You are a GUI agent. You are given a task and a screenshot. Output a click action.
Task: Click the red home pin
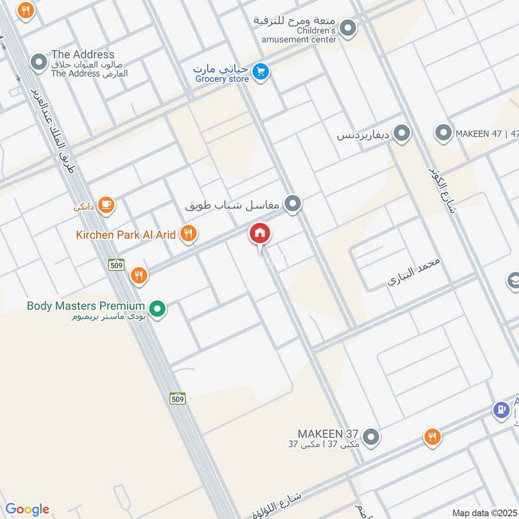(x=260, y=234)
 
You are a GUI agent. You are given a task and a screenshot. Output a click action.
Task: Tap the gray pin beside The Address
(x=39, y=64)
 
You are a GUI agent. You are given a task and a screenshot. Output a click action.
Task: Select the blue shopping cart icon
(x=260, y=72)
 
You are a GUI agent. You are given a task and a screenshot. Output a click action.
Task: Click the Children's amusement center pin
(x=348, y=29)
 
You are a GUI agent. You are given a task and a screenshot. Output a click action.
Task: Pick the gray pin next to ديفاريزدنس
(x=402, y=134)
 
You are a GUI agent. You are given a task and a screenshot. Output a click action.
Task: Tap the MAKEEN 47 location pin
(x=444, y=134)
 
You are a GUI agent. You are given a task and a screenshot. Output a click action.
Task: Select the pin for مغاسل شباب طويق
(x=293, y=206)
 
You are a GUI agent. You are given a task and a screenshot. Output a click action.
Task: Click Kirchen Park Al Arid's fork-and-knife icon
(x=188, y=234)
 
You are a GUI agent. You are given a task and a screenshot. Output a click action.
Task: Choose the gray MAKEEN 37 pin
(x=371, y=438)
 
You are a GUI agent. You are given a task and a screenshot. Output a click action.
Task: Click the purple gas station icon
(x=501, y=410)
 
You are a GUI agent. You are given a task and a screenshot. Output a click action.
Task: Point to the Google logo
(x=27, y=509)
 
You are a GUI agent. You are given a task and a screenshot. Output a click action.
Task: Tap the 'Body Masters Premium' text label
(x=85, y=306)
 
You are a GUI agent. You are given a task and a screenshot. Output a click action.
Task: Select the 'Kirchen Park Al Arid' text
(x=126, y=234)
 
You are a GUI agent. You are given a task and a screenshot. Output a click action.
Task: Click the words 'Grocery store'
(x=222, y=79)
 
